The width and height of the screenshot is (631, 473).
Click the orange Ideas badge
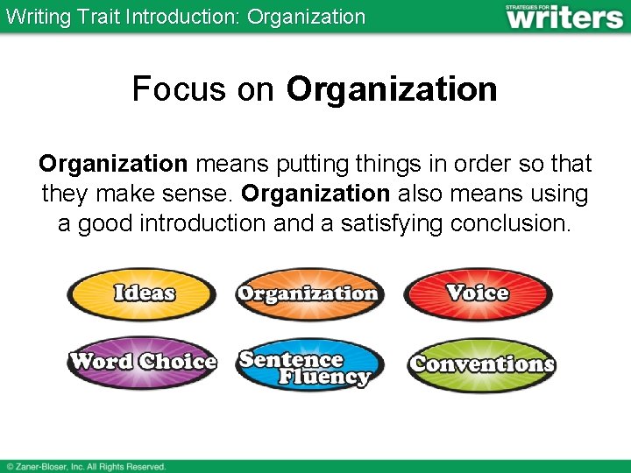(x=142, y=293)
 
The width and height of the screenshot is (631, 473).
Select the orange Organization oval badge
(x=308, y=293)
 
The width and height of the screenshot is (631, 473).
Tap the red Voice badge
(x=478, y=293)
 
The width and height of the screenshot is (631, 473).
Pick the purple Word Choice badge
(x=142, y=362)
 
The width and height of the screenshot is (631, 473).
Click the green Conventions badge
(x=481, y=364)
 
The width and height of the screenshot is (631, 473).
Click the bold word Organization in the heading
(x=392, y=88)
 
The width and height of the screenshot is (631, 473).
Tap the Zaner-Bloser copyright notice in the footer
(x=86, y=467)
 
